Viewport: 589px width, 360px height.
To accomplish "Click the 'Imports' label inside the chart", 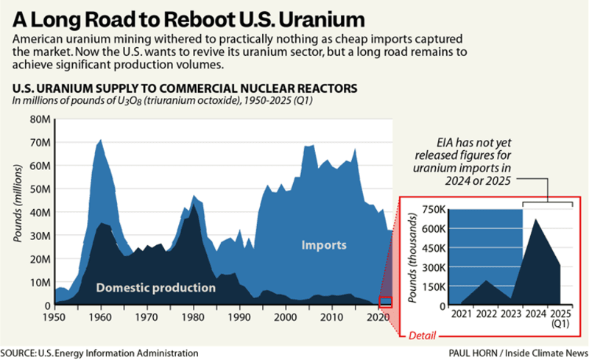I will [x=323, y=245].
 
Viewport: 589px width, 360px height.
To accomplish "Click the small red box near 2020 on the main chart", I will [x=385, y=302].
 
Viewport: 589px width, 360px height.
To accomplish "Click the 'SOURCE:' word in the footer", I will [x=20, y=353].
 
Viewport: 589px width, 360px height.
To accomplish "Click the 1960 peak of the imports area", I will [x=101, y=139].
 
